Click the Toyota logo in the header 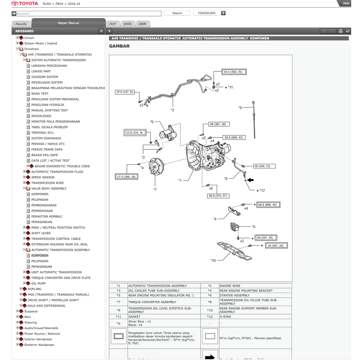pos(25,4)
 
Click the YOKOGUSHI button pos(206,13)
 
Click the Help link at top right pos(346,3)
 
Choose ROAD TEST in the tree pos(40,94)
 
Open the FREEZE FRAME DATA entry pos(47,149)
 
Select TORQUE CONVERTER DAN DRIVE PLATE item pos(60,278)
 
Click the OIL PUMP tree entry pos(38,283)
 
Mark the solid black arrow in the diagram pos(250,180)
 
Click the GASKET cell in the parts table pos(134,317)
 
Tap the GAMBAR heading pos(119,46)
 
